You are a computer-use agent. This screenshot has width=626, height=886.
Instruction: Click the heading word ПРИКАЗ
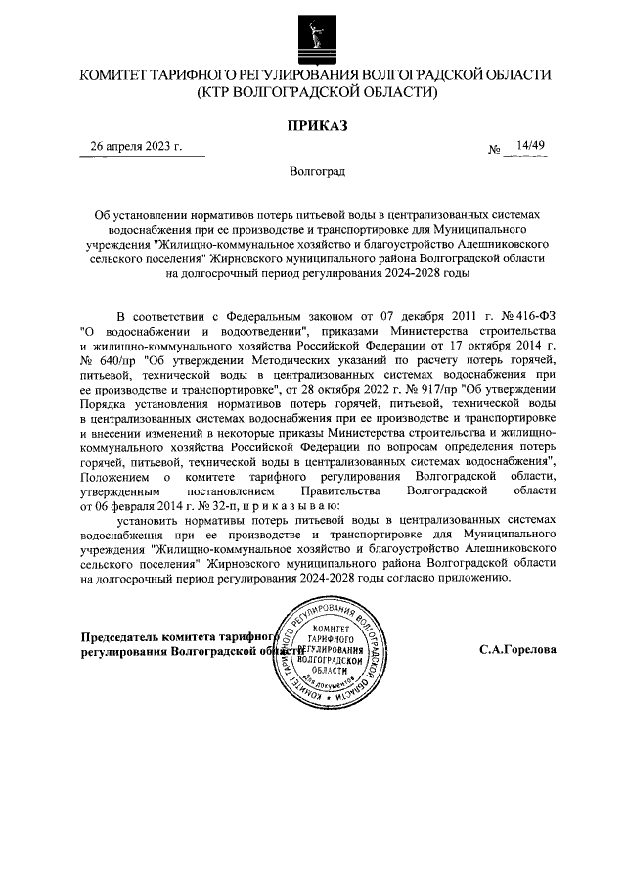[x=315, y=125]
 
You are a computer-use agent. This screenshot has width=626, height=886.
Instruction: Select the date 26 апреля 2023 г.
[x=137, y=147]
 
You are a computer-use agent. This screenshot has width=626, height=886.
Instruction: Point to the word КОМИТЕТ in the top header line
[x=118, y=75]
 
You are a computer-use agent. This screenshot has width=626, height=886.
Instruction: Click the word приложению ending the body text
[x=477, y=579]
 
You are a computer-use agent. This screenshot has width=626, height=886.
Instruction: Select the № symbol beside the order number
[x=494, y=150]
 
